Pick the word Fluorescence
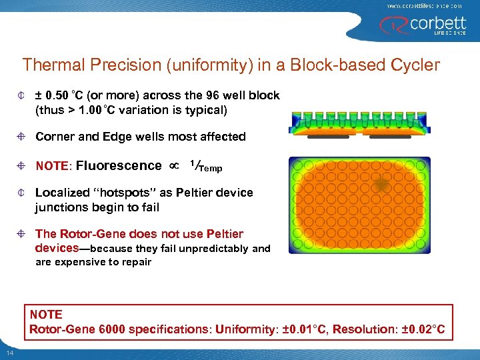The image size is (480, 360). pos(119,165)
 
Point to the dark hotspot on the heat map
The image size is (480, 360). pos(381,185)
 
